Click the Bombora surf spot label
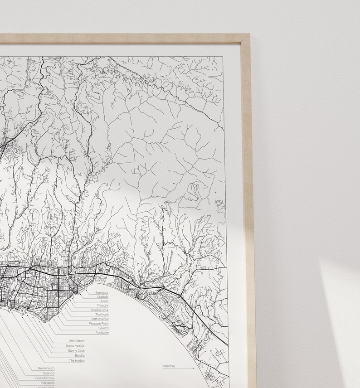coord(102,292)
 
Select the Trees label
coord(104,301)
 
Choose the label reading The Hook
coord(102,315)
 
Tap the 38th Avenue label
coord(99,319)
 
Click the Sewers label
coord(103,328)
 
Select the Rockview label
coord(102,333)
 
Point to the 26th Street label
coord(77,341)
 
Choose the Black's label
coord(79,356)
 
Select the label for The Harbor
coord(77,361)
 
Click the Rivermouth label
coord(46,368)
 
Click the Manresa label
coord(169,365)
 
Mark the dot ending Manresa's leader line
coord(194,368)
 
